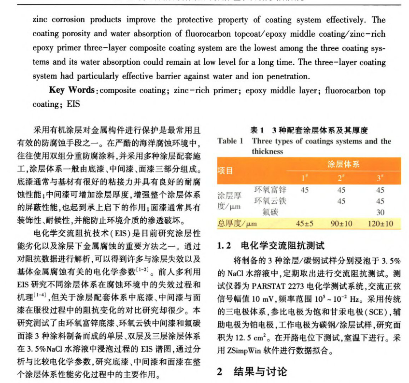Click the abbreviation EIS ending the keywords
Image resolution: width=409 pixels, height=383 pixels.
pyautogui.click(x=73, y=104)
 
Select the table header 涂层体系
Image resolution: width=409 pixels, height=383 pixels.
pyautogui.click(x=343, y=164)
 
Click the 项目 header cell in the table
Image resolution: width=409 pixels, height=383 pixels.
pyautogui.click(x=226, y=170)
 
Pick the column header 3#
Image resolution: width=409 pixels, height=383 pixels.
pyautogui.click(x=380, y=177)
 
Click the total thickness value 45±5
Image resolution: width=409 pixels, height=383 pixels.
pyautogui.click(x=305, y=224)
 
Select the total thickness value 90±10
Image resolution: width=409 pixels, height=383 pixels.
pyautogui.click(x=342, y=224)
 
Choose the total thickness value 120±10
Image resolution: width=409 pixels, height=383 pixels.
pyautogui.click(x=380, y=224)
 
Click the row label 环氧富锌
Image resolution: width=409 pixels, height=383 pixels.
pyautogui.click(x=270, y=190)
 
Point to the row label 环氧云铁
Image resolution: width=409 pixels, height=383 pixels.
pyautogui.click(x=270, y=201)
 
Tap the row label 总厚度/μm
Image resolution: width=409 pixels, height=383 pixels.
pyautogui.click(x=238, y=224)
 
